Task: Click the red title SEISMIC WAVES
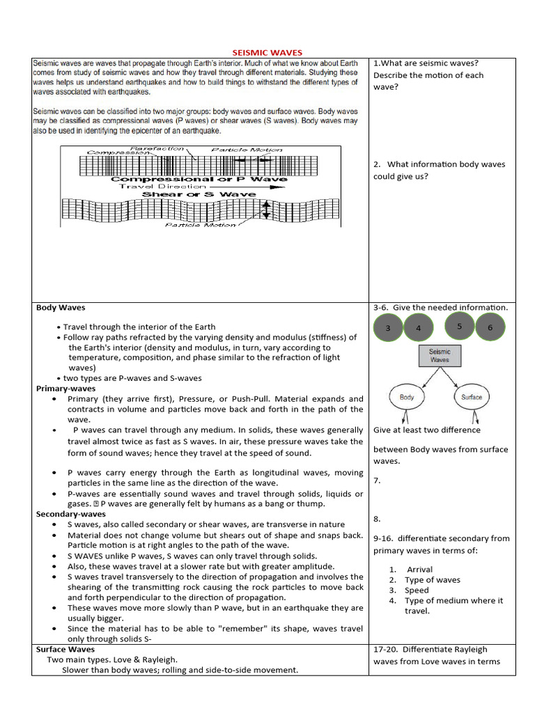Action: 267,52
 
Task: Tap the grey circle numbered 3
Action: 389,328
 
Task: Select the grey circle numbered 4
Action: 419,328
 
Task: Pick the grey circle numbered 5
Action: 459,326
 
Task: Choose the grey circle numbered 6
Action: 490,327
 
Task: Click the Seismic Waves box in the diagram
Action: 440,356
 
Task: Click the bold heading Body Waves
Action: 61,307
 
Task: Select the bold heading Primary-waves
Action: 66,389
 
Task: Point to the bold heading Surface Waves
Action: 65,649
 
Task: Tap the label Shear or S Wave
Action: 199,194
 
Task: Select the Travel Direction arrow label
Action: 202,187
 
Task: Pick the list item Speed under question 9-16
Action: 417,590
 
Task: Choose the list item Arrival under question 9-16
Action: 419,570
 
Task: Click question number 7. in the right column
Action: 377,480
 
